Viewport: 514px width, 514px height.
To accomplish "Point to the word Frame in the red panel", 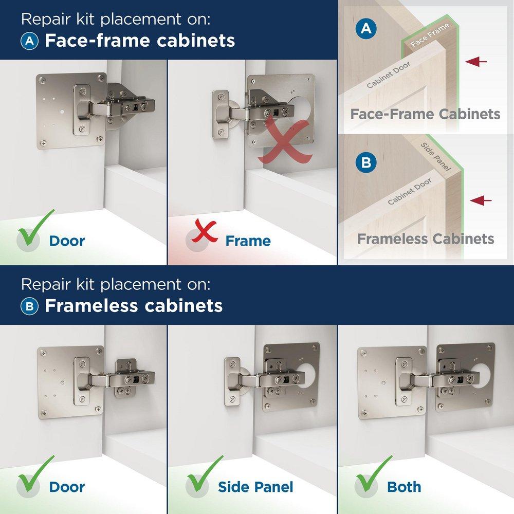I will [x=248, y=241].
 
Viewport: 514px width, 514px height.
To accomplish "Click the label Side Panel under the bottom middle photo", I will [x=255, y=487].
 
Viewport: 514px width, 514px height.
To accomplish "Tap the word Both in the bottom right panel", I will [x=404, y=487].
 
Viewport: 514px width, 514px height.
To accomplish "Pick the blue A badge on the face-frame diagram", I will [x=366, y=29].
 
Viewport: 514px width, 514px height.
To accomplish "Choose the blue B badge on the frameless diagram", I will [x=366, y=163].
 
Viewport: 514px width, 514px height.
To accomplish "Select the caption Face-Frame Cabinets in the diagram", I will [x=425, y=114].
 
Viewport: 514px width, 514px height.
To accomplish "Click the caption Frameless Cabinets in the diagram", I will [x=426, y=238].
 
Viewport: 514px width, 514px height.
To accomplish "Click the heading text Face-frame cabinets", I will [x=140, y=41].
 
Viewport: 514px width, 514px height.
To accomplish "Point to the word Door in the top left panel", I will [x=67, y=241].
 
